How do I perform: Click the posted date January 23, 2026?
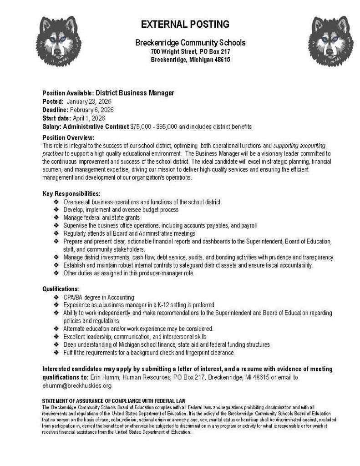(89, 101)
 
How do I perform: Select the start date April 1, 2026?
(89, 118)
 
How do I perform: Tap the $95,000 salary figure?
(167, 126)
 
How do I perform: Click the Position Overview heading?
(68, 138)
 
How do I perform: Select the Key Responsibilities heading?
(71, 193)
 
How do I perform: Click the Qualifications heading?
(61, 289)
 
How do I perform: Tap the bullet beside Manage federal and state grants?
(56, 218)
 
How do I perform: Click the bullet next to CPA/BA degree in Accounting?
(56, 297)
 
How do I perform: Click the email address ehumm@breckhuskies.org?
(76, 386)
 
